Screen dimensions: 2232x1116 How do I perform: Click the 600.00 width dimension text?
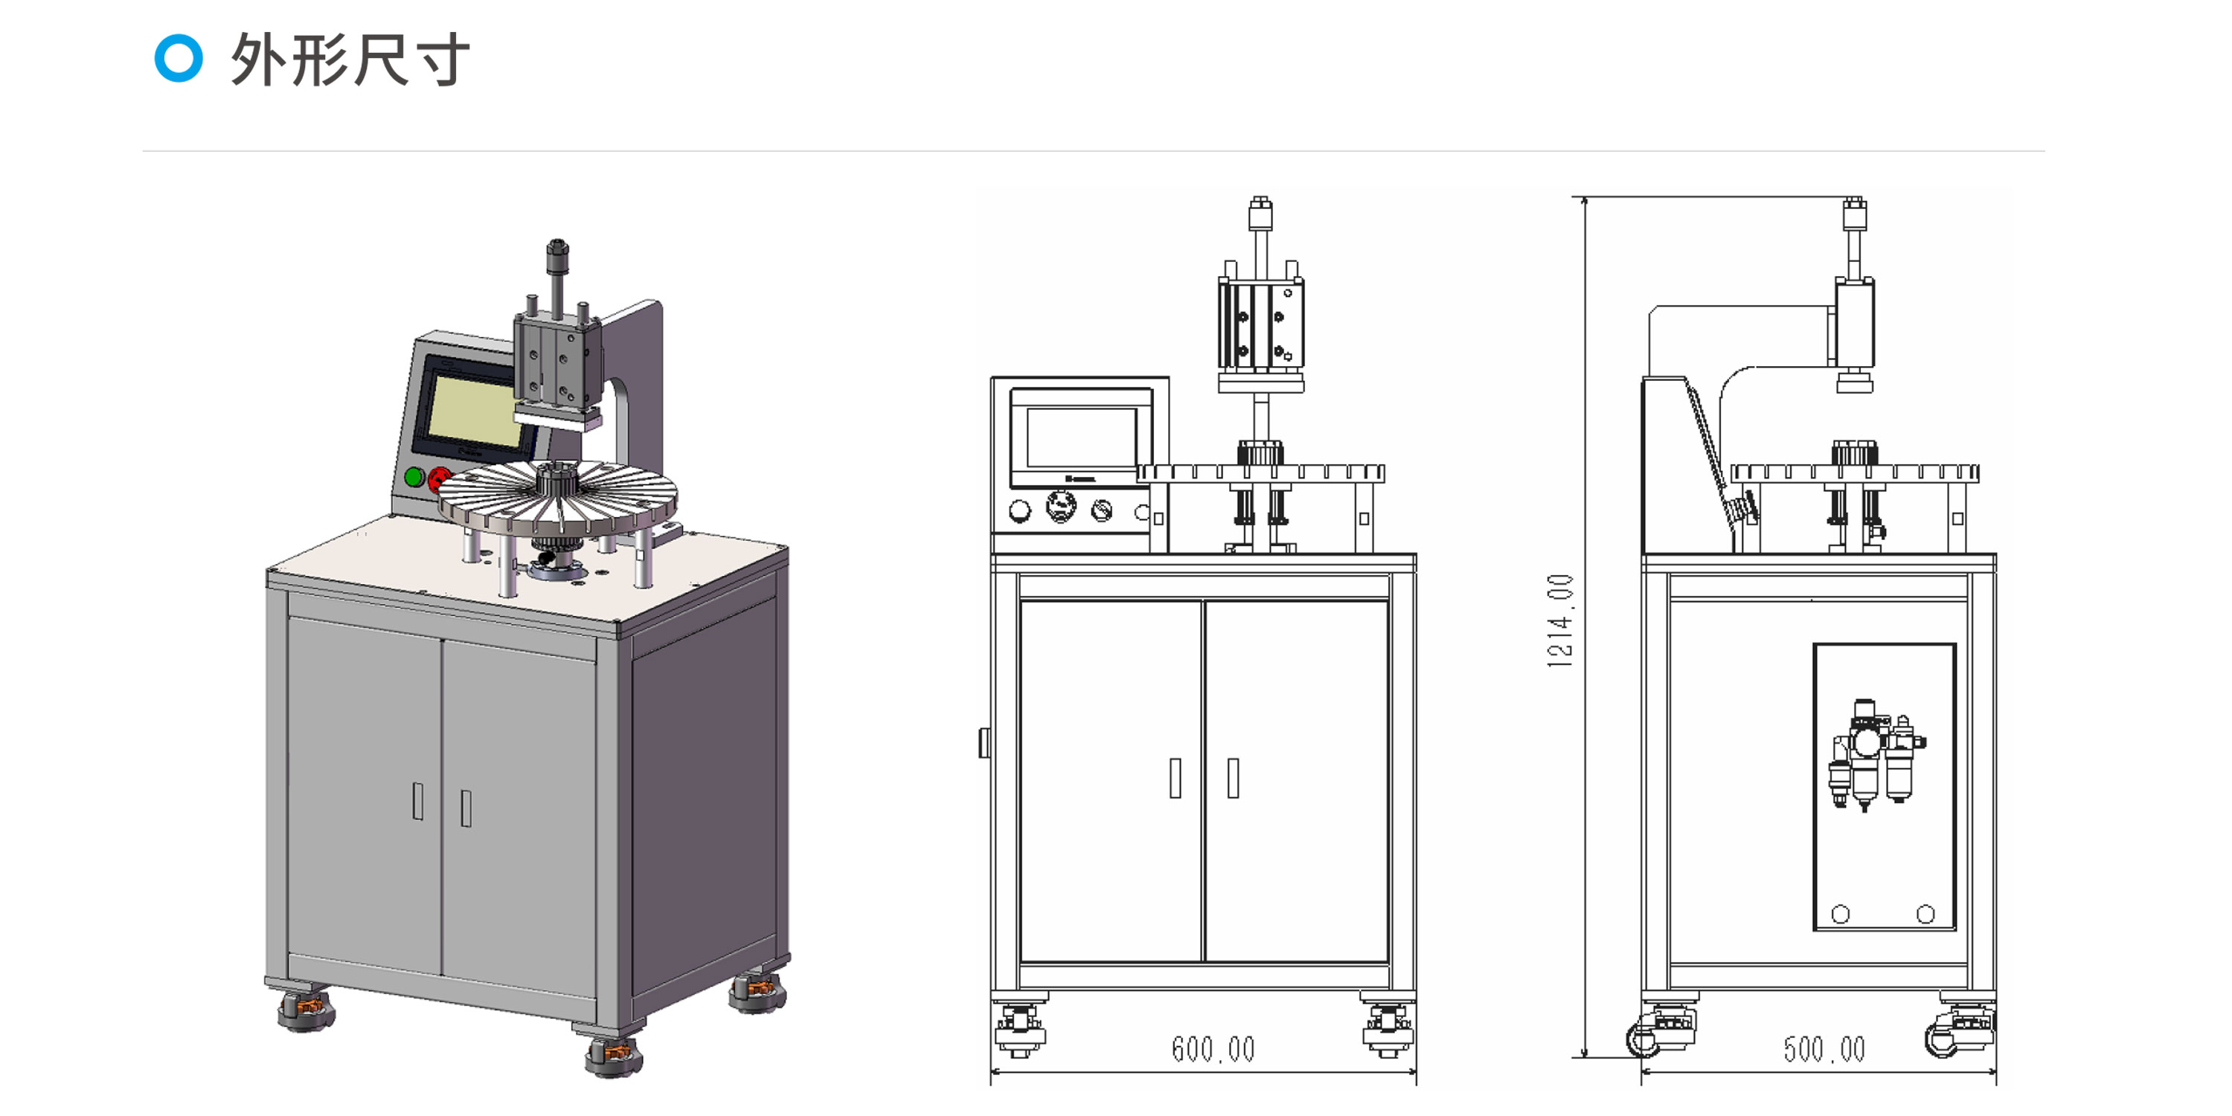pyautogui.click(x=1213, y=1049)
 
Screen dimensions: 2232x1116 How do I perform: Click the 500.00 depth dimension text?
pyautogui.click(x=1824, y=1049)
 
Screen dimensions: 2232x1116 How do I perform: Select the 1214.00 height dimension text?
pyautogui.click(x=1559, y=620)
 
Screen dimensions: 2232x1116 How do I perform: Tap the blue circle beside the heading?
pyautogui.click(x=179, y=58)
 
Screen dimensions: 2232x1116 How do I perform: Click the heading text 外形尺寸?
pyautogui.click(x=350, y=59)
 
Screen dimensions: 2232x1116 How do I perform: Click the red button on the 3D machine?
pyautogui.click(x=439, y=478)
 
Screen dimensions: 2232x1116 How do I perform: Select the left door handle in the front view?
pyautogui.click(x=1175, y=777)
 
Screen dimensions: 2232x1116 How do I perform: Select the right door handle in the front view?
pyautogui.click(x=1233, y=777)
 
